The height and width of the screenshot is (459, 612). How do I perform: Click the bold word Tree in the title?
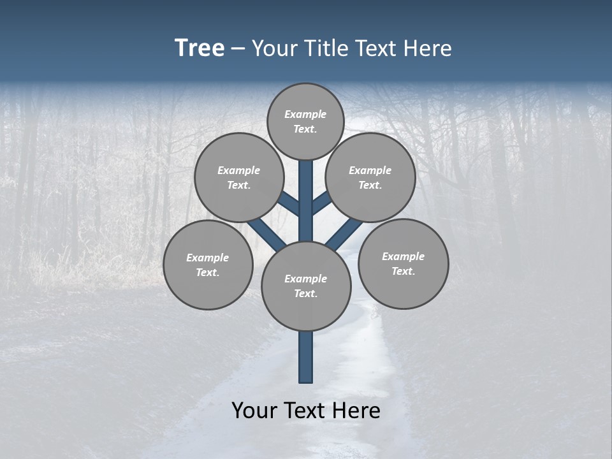tap(200, 48)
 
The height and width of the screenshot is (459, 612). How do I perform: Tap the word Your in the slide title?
tap(274, 48)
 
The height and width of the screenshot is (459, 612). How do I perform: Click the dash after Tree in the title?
tap(238, 49)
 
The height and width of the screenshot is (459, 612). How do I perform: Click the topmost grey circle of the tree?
tap(306, 121)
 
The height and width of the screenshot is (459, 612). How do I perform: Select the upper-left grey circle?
tap(238, 177)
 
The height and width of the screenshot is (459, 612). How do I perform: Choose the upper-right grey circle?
tap(370, 177)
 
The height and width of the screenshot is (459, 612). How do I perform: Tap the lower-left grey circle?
tap(208, 265)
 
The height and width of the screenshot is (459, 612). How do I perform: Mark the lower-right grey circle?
tap(404, 263)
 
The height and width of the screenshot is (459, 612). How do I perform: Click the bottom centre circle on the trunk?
tap(306, 286)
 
